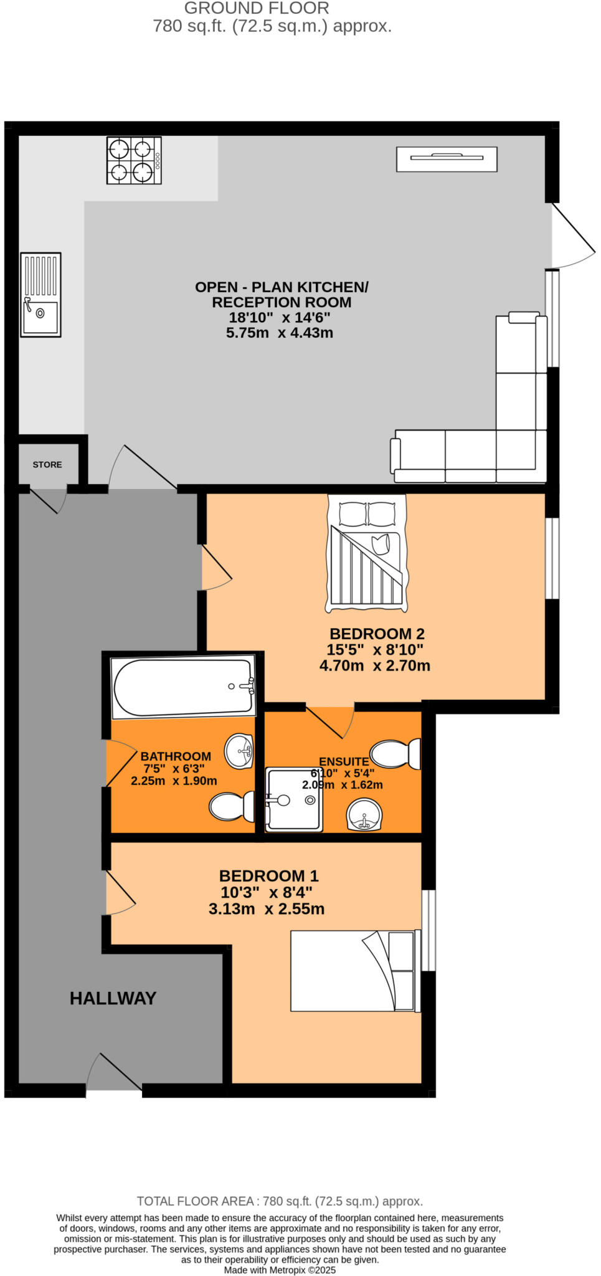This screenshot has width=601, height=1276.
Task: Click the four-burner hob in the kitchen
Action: click(x=134, y=160)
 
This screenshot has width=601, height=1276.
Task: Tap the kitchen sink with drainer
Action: click(x=40, y=294)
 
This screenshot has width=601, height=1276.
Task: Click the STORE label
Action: click(x=47, y=465)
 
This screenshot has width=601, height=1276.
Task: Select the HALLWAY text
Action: click(x=113, y=998)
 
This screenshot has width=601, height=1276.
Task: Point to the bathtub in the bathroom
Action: click(x=182, y=687)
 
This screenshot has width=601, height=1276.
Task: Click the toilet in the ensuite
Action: click(x=396, y=754)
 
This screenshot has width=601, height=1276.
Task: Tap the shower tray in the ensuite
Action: click(x=294, y=799)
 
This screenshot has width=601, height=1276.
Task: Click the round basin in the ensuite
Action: click(x=364, y=814)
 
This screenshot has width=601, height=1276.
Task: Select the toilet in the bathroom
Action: click(x=232, y=806)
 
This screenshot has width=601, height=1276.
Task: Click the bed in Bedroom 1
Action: click(x=353, y=971)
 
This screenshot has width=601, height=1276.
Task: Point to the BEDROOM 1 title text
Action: click(x=268, y=876)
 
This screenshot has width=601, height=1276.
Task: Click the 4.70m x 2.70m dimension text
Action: click(x=374, y=665)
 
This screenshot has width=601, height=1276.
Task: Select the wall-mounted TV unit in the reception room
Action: click(x=447, y=159)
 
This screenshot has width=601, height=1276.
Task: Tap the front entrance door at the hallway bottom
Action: click(x=116, y=1073)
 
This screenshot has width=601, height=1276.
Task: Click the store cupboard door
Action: click(x=49, y=498)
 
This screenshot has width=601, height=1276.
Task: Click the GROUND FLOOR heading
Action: click(x=257, y=8)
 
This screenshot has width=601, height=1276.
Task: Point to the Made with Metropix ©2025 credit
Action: click(x=280, y=1270)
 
